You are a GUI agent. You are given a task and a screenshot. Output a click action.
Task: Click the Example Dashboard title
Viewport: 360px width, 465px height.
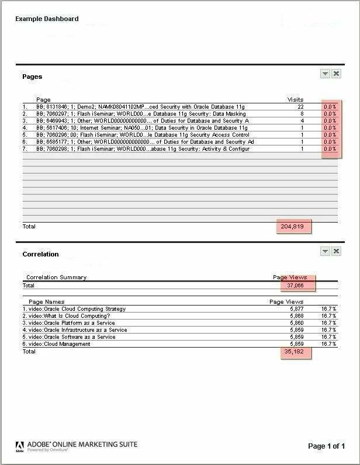click(x=47, y=19)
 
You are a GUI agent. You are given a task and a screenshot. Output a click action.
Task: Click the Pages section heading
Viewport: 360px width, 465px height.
click(x=32, y=77)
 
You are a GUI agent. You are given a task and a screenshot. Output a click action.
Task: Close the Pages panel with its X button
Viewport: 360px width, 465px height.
click(x=337, y=74)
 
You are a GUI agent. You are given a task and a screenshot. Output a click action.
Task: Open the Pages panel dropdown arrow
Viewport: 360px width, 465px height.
click(x=326, y=74)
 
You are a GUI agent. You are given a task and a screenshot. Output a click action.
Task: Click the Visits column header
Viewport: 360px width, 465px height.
click(x=295, y=100)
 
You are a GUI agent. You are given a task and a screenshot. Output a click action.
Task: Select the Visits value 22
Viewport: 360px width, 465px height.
click(x=300, y=107)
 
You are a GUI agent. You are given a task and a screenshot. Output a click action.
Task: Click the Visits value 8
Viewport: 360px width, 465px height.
click(x=302, y=114)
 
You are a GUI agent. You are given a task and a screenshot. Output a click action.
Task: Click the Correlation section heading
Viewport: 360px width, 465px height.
click(x=40, y=254)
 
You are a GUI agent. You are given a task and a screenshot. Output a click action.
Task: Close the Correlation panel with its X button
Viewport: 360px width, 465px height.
click(x=337, y=251)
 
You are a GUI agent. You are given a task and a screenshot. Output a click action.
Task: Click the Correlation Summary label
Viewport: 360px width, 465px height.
click(x=56, y=277)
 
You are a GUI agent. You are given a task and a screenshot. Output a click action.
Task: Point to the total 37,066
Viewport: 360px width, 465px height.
click(x=295, y=286)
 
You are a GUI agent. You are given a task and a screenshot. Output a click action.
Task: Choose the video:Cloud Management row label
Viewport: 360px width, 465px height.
click(x=59, y=344)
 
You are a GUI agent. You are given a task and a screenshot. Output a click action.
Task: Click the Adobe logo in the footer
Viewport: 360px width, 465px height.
click(x=20, y=447)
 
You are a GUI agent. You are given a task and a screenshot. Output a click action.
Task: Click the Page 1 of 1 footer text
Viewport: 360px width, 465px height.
click(x=326, y=446)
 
